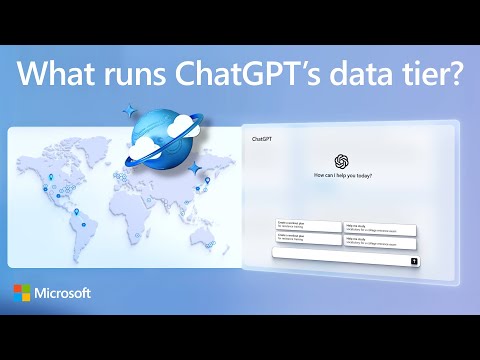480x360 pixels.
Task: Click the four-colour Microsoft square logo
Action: coord(23,294)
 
